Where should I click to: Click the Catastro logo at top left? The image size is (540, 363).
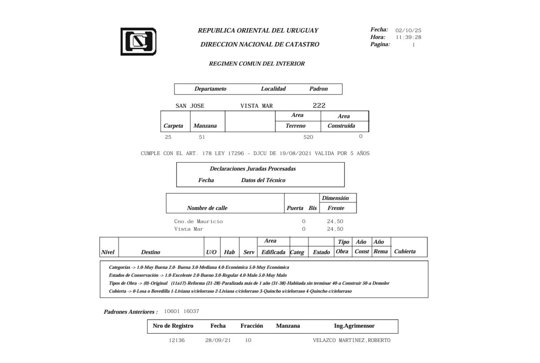coord(138,42)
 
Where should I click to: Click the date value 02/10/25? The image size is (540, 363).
coord(408,30)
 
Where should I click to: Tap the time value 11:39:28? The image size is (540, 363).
coord(408,37)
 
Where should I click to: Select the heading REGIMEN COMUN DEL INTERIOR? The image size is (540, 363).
coord(256,64)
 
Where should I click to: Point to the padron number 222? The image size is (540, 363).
coord(319,105)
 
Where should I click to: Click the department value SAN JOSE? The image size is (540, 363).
coord(190,106)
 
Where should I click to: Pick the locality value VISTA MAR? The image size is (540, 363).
coord(256,106)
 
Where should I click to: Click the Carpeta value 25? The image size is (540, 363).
coord(168,137)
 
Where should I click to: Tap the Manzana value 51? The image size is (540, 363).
coord(202,137)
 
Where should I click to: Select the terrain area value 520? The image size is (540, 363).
coord(308,137)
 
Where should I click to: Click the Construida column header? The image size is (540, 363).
coord(341,126)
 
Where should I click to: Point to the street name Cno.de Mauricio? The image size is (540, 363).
coord(198,221)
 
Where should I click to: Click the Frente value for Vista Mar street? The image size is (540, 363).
coord(335,229)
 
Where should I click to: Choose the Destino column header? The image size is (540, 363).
coord(150,252)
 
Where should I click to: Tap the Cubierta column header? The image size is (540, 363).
coord(405,251)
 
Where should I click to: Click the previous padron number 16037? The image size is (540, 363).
coord(191,311)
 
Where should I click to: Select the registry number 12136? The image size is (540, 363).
coord(177,340)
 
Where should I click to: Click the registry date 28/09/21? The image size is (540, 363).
coord(218,340)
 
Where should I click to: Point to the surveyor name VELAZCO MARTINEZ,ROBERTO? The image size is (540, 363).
coord(352,340)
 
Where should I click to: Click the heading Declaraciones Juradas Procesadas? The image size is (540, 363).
coord(253,169)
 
